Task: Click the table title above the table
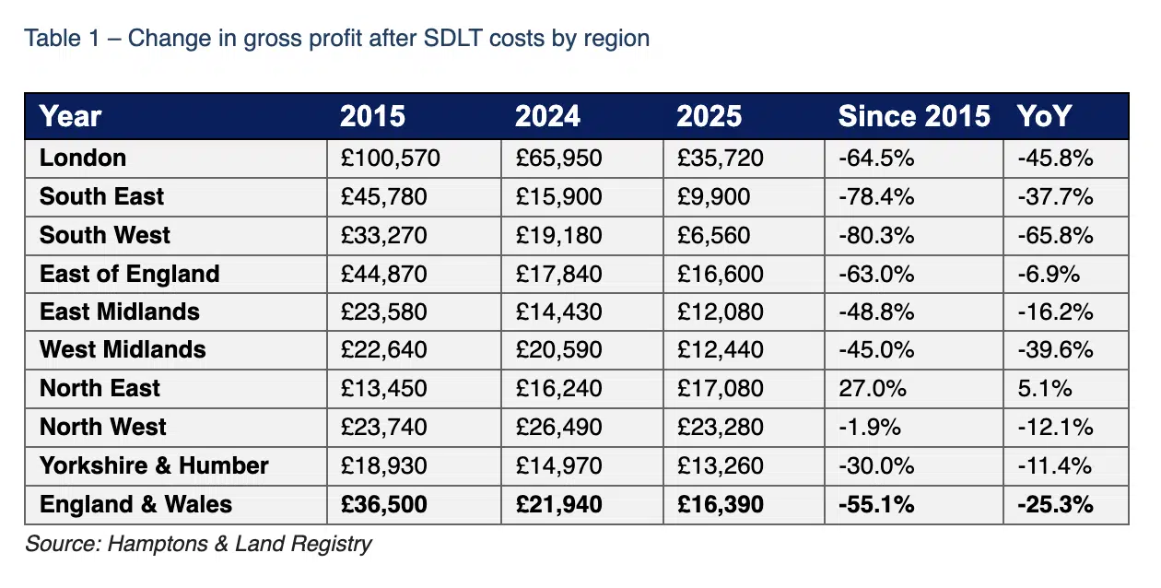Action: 336,38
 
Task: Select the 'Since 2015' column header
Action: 913,116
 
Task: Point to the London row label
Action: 83,158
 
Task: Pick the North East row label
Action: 100,388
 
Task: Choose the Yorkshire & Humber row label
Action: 154,465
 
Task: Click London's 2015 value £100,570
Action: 391,158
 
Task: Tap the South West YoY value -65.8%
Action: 1055,235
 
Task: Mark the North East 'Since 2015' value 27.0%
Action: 871,388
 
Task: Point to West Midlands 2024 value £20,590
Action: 557,349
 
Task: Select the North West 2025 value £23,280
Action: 720,427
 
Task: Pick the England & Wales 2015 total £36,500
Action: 384,504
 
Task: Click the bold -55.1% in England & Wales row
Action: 876,504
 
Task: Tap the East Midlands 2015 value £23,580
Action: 384,312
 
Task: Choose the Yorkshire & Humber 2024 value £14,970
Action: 557,465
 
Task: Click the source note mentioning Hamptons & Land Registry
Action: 198,543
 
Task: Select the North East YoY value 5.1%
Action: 1045,388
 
